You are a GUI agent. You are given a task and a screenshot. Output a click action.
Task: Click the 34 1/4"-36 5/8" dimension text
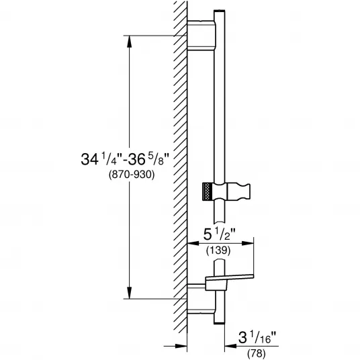coord(125,159)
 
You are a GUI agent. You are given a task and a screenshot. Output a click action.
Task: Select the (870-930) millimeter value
coord(132,175)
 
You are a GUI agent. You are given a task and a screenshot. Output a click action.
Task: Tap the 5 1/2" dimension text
coord(220,234)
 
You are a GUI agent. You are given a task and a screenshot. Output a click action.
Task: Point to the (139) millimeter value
coord(218,250)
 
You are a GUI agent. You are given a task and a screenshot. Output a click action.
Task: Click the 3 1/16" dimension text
coord(257,338)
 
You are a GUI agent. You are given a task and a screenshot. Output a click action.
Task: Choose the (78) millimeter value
coord(257,354)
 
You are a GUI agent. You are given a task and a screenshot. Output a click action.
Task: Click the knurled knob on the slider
coord(207,191)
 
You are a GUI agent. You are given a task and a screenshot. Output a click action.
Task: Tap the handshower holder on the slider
coord(238,191)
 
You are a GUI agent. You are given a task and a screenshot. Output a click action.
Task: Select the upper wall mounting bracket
coord(201,35)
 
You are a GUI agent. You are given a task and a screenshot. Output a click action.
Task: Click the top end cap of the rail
coord(220,11)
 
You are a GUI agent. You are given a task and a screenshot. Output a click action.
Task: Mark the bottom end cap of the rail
coord(219,323)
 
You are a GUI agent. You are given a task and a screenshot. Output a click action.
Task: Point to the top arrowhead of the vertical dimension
coord(130,42)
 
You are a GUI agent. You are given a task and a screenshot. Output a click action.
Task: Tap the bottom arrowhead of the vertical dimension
coord(130,293)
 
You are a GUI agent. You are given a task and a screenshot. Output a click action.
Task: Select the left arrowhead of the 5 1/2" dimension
coord(193,243)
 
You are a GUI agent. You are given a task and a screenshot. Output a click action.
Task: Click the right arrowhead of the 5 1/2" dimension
coord(248,243)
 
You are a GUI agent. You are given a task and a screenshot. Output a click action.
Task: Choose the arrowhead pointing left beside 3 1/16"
coord(231,346)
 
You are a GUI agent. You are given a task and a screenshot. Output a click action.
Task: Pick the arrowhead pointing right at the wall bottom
coord(181,346)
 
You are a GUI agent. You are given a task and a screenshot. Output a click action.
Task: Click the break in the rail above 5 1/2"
coord(220,223)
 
